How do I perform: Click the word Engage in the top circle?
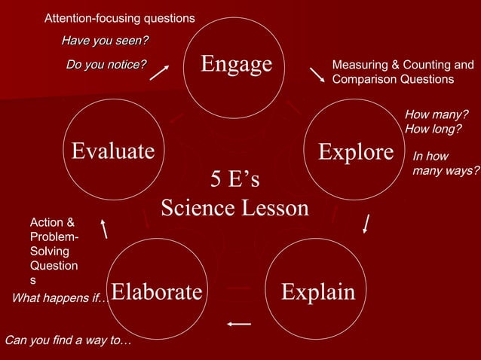tap(236, 64)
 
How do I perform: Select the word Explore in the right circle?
tap(356, 151)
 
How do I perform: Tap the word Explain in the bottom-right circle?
tap(317, 291)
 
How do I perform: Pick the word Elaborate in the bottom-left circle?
tap(157, 291)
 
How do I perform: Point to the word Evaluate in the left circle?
tap(112, 151)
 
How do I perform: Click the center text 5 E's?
tap(234, 180)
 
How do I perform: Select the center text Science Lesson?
tap(234, 207)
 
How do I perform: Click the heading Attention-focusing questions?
tap(119, 17)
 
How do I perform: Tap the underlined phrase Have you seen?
tap(105, 40)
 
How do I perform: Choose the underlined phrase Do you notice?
tap(106, 65)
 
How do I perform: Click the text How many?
tap(436, 114)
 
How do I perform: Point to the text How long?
tap(433, 129)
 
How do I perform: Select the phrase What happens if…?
tap(60, 299)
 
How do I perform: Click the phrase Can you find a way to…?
tap(68, 340)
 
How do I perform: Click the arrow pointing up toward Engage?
tap(159, 71)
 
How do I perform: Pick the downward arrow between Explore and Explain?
tap(366, 224)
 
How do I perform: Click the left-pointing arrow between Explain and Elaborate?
tap(239, 324)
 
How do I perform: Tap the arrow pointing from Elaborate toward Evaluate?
tap(104, 228)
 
